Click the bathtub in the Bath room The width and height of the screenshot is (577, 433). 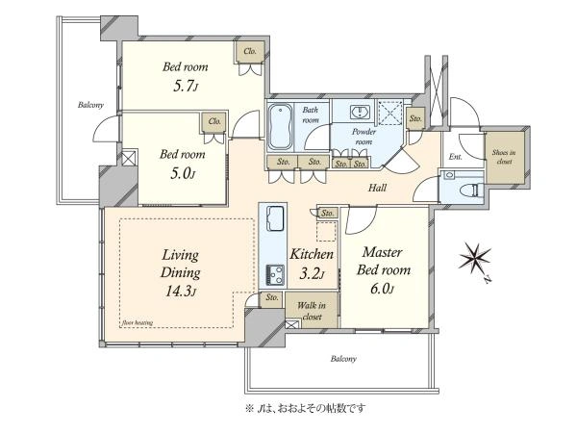tap(281, 126)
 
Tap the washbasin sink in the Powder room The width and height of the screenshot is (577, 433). tap(358, 112)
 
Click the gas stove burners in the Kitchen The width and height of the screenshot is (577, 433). tap(275, 273)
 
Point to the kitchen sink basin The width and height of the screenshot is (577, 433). tap(275, 218)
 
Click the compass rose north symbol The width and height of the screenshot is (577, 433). tap(475, 256)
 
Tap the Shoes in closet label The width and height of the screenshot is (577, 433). tap(504, 157)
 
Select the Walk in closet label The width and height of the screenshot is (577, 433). tap(312, 311)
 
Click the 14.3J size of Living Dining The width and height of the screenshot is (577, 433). tap(181, 291)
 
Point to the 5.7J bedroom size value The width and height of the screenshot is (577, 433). tap(185, 87)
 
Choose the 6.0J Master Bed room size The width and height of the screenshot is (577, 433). tap(382, 289)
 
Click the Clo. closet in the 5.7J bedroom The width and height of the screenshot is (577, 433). tap(250, 51)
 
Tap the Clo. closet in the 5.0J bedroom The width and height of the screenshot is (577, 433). tap(214, 121)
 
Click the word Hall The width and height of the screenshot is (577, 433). tap(378, 189)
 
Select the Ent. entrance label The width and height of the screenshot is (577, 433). tap(455, 157)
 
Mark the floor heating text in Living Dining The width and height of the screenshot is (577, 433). tap(137, 323)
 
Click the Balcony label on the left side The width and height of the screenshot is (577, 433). tap(90, 105)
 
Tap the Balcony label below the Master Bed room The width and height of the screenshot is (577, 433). tap(343, 359)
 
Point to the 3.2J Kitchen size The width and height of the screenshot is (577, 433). tap(312, 274)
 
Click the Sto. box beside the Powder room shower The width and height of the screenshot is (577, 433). tap(415, 118)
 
